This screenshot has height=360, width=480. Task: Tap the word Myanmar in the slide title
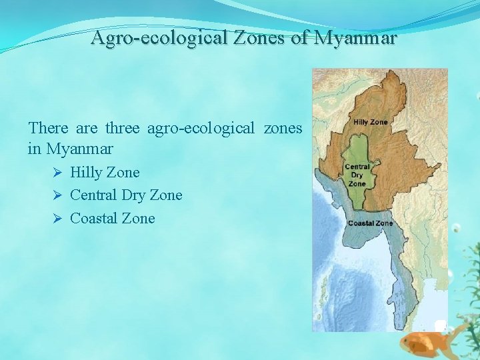355,39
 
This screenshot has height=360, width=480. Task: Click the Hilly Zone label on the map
370,123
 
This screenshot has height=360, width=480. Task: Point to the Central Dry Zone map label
357,175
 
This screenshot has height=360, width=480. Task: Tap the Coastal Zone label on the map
370,223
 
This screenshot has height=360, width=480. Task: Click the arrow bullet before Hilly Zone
58,173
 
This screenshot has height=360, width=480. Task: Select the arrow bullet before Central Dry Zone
58,195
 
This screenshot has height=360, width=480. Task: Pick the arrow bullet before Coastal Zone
58,219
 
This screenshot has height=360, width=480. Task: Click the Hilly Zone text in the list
105,173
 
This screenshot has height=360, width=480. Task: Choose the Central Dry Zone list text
126,195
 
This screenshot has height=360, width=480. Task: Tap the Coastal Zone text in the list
112,219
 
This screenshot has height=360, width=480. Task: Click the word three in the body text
122,127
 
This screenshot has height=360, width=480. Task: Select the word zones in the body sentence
283,127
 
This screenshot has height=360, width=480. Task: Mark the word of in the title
299,39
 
